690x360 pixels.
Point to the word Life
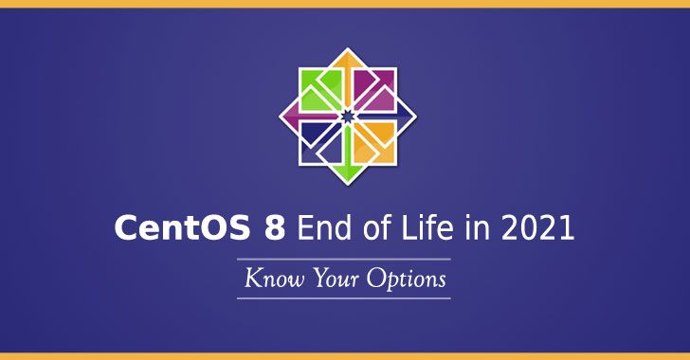427,229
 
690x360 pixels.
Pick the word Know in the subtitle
269,280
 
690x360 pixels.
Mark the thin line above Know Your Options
344,259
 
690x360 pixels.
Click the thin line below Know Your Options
344,298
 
